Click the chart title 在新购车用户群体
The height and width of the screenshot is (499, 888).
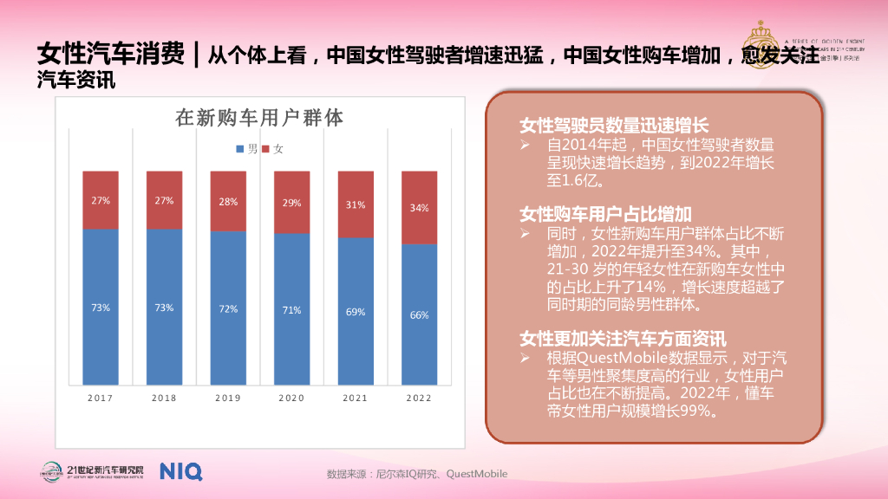click(x=259, y=118)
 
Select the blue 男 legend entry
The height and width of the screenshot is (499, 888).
click(x=246, y=149)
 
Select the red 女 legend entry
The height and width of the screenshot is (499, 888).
click(x=273, y=149)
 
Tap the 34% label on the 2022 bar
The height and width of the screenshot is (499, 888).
click(x=419, y=208)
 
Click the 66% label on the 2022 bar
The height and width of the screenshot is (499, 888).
click(x=419, y=315)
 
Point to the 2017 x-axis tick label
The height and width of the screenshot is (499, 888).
click(x=101, y=398)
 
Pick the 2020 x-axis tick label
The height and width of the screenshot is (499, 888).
click(x=291, y=398)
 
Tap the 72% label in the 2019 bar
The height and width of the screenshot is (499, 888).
click(x=228, y=309)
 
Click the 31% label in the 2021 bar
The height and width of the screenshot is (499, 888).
click(x=356, y=205)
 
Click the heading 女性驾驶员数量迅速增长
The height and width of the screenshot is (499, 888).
click(x=614, y=126)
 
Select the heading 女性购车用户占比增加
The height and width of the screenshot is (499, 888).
click(x=605, y=214)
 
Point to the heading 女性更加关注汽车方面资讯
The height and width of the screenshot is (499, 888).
click(x=623, y=338)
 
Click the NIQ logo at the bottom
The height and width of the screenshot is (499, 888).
click(x=180, y=471)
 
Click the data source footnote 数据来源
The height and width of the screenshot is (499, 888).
click(x=416, y=474)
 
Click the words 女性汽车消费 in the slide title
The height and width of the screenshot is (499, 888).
click(x=110, y=55)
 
